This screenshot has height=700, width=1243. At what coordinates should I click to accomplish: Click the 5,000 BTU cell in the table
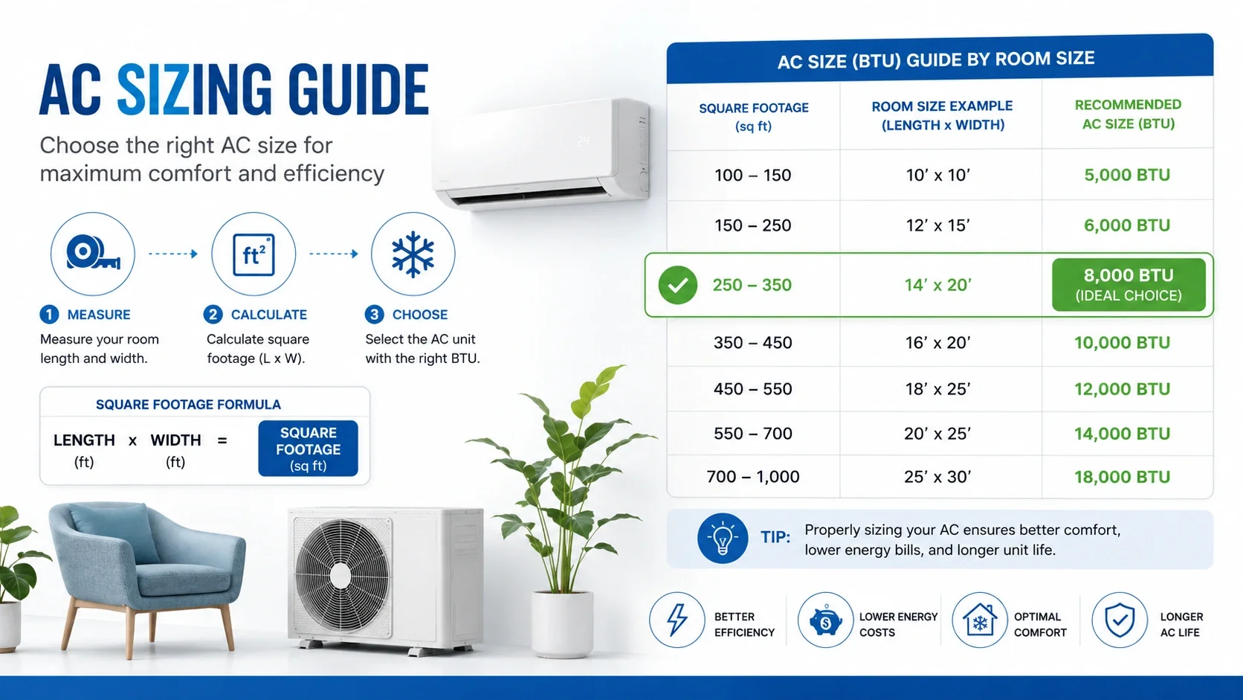[1127, 175]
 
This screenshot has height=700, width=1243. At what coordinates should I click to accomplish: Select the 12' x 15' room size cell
[937, 225]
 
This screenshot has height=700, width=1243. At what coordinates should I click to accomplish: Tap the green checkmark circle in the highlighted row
[677, 285]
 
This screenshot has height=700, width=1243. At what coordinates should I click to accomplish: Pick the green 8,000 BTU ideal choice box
[1129, 284]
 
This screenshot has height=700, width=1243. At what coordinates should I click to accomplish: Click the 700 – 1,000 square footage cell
[753, 476]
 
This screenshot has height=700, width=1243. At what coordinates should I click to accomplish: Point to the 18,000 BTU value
[1122, 477]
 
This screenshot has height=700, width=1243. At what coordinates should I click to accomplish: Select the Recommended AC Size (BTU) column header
[1128, 114]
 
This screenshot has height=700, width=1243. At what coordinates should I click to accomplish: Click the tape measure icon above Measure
[93, 254]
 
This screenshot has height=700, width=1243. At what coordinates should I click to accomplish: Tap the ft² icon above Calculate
[254, 254]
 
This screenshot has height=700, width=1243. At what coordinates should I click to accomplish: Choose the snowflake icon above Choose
[413, 254]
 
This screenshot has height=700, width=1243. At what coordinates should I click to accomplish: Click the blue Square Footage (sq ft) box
[308, 448]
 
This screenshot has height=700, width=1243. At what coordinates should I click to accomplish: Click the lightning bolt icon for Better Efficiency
[677, 620]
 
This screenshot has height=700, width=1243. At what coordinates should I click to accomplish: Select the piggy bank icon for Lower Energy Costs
[825, 620]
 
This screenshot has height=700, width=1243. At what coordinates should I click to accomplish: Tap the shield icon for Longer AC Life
[1120, 620]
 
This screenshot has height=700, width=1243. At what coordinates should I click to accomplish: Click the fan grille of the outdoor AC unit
[340, 577]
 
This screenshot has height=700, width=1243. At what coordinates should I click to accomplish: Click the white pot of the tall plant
[563, 624]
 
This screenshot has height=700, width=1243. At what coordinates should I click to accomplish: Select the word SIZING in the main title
[194, 89]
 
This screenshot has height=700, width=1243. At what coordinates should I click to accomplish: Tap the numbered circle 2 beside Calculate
[213, 315]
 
